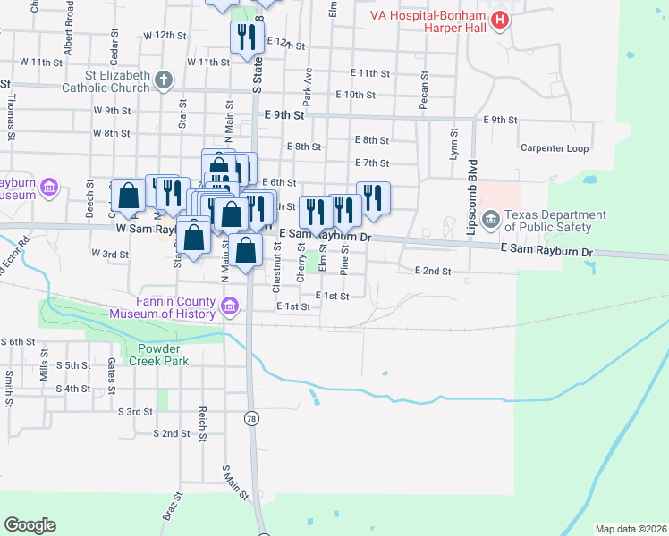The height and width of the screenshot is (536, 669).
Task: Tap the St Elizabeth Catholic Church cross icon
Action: point(162,80)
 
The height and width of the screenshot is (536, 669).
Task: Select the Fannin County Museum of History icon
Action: point(232,307)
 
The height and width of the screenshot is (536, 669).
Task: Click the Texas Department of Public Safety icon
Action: point(490,220)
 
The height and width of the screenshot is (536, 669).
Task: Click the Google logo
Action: point(30,525)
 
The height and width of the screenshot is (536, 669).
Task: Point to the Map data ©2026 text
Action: point(630,529)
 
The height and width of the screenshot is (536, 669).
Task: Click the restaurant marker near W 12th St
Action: point(244,38)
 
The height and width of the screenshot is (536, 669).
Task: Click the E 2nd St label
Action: point(433,271)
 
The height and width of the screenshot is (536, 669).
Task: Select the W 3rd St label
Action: point(110,254)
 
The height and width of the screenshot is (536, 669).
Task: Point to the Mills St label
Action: point(42,370)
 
